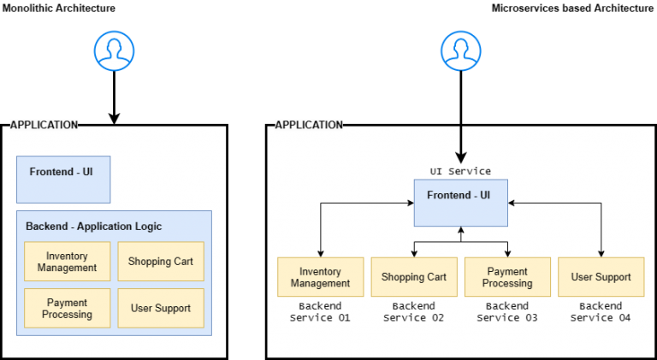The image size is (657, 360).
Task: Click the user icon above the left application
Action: (x=114, y=51)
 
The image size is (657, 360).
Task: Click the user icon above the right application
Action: (x=461, y=51)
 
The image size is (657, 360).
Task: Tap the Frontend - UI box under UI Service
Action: (x=460, y=203)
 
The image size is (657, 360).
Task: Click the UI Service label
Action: (x=460, y=172)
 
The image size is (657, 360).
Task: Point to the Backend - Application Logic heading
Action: (x=93, y=227)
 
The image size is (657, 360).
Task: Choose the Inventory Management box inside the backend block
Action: (x=67, y=262)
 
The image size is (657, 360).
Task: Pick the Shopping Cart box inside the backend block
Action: (x=161, y=262)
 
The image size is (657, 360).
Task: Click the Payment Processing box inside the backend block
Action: (x=67, y=308)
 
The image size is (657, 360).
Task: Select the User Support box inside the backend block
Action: (x=161, y=308)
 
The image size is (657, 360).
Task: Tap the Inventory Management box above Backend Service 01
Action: (x=320, y=277)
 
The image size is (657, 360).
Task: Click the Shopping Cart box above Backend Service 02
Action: (x=414, y=277)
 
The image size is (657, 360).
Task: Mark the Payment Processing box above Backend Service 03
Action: (x=507, y=277)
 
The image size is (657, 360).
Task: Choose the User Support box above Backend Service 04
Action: (x=601, y=277)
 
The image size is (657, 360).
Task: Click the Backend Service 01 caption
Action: (x=320, y=312)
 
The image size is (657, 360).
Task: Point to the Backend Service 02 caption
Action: (x=414, y=312)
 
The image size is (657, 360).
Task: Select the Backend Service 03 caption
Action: (x=507, y=312)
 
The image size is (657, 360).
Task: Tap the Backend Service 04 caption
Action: (x=601, y=312)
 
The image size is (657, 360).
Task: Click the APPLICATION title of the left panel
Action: (x=44, y=125)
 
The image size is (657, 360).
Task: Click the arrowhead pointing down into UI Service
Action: (x=460, y=157)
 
